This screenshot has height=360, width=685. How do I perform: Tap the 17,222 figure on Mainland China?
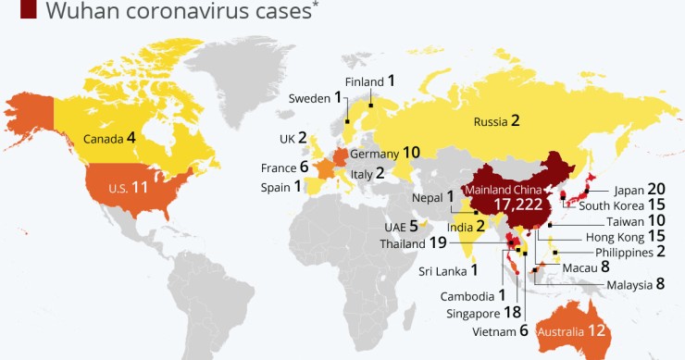(x=517, y=204)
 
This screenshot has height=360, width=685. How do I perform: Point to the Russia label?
(x=491, y=121)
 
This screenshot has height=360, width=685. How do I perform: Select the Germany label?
(x=374, y=153)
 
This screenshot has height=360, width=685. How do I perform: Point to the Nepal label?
(x=429, y=197)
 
